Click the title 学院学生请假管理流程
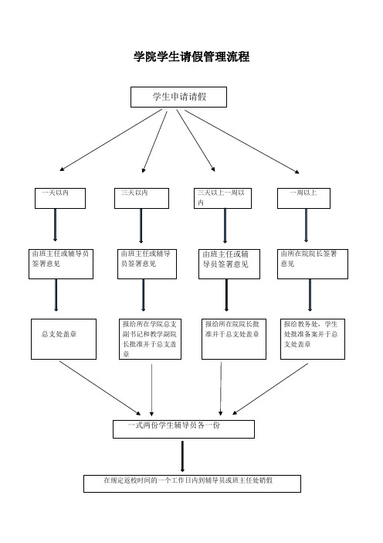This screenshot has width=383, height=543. click(191, 56)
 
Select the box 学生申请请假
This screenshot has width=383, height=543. click(178, 97)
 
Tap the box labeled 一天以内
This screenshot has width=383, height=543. click(60, 198)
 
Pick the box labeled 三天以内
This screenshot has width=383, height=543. click(142, 198)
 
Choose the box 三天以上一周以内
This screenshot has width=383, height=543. click(222, 198)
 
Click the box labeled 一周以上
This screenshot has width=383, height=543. click(303, 198)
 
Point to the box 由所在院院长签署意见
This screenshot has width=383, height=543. click(313, 264)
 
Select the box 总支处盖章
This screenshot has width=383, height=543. click(63, 339)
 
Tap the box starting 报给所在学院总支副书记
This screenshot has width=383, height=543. click(150, 339)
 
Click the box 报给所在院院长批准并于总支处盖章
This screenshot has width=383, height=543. click(234, 339)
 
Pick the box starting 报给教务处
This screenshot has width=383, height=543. click(313, 339)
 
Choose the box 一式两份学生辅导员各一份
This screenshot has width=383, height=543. click(184, 429)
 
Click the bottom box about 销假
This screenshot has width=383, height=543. click(192, 483)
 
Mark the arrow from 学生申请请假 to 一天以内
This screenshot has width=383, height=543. click(110, 140)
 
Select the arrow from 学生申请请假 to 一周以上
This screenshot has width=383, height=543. click(242, 142)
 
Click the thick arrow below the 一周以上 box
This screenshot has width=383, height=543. click(306, 225)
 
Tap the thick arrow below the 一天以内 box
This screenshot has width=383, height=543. click(56, 225)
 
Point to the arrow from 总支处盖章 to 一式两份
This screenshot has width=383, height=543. click(100, 388)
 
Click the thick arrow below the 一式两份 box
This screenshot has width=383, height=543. click(182, 456)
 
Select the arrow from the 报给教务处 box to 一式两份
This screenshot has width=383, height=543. click(270, 388)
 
